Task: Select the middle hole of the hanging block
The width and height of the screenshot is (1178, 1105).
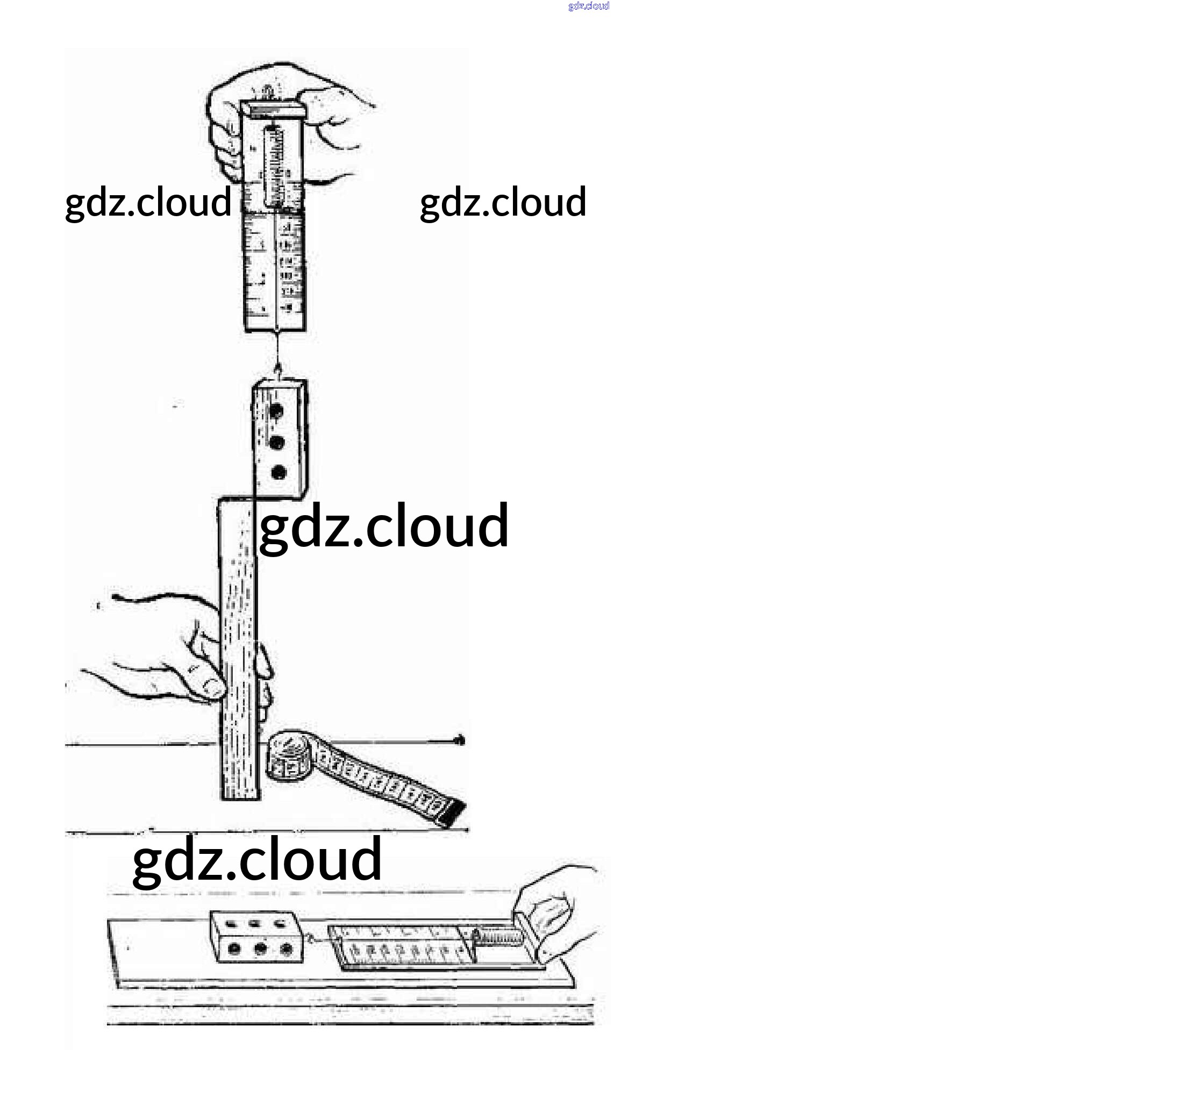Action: tap(277, 442)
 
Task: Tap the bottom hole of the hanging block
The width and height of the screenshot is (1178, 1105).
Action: tap(278, 473)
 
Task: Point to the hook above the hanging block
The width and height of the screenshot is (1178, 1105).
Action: tap(277, 370)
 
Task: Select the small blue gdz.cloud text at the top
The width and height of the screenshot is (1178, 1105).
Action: tap(588, 6)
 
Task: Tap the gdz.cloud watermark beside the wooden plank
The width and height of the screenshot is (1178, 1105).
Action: tap(383, 526)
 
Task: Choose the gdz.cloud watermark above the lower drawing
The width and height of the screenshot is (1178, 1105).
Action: tap(256, 860)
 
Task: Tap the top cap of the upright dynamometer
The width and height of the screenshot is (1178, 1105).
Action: tap(273, 110)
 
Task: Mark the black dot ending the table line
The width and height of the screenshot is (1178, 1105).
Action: tap(460, 740)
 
